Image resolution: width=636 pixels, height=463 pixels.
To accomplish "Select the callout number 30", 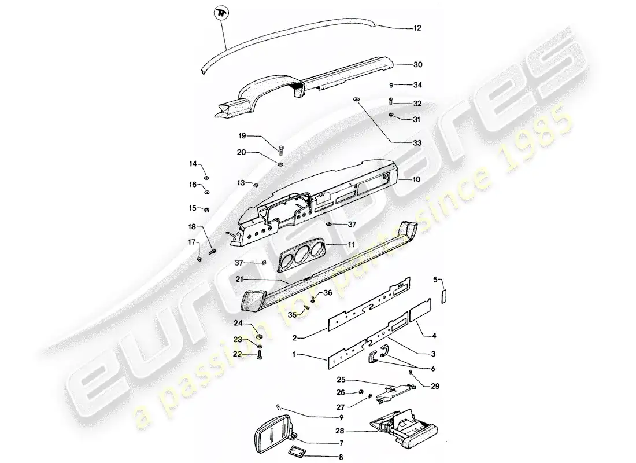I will (417, 64).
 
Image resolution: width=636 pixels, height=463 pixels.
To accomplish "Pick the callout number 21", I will (239, 280).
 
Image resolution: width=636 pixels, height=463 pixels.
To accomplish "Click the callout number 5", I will (436, 280).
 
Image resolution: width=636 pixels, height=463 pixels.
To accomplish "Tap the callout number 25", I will (341, 380).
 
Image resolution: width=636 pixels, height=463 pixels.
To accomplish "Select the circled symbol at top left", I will (221, 13).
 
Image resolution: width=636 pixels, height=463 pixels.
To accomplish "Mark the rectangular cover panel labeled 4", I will (420, 318).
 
